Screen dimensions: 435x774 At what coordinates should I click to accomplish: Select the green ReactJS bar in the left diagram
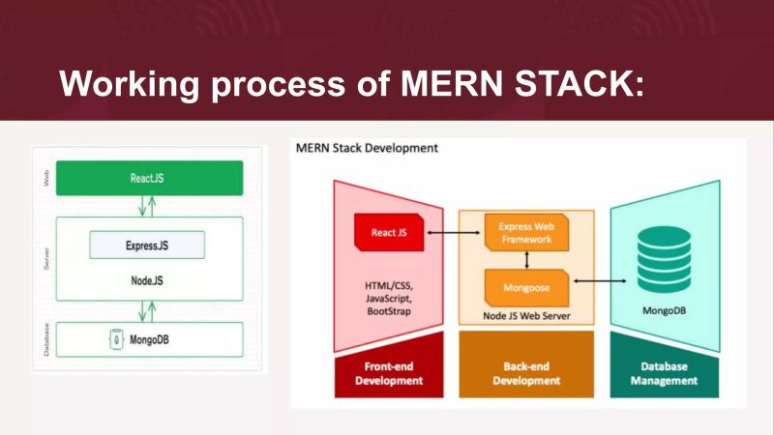click(149, 178)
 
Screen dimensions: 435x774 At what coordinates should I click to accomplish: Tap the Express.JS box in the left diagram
click(147, 246)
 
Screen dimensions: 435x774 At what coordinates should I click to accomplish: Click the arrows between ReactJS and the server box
click(148, 206)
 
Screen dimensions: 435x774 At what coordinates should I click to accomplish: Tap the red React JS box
click(389, 232)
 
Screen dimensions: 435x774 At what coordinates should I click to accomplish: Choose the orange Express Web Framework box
click(525, 232)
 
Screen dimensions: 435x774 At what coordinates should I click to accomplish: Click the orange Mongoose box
click(525, 287)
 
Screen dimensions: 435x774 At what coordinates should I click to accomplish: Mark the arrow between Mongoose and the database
click(601, 280)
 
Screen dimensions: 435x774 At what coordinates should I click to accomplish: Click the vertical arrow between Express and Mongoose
click(526, 259)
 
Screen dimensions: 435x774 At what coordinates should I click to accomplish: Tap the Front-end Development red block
click(388, 373)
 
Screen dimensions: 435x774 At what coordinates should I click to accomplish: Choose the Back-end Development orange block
click(525, 373)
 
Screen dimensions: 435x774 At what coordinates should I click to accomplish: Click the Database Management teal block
click(664, 373)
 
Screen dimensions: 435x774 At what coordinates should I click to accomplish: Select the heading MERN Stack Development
click(366, 148)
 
